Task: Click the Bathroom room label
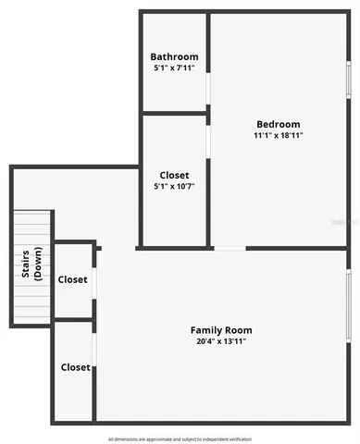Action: [x=174, y=56]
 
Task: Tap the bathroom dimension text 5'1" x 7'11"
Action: [x=174, y=68]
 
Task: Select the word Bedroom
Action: [x=278, y=124]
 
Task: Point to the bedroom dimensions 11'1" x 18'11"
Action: [x=278, y=135]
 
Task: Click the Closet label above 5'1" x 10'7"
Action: [x=174, y=175]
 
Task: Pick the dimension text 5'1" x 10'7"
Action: [x=174, y=186]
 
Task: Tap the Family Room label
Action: [x=221, y=330]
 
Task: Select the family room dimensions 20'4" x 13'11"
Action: [x=221, y=341]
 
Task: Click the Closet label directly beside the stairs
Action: [x=73, y=279]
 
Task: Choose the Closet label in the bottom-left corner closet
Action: [x=75, y=367]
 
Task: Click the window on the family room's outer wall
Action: [x=349, y=306]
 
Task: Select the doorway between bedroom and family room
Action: [x=230, y=248]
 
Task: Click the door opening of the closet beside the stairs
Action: [x=94, y=282]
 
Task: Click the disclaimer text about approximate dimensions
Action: [x=180, y=438]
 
